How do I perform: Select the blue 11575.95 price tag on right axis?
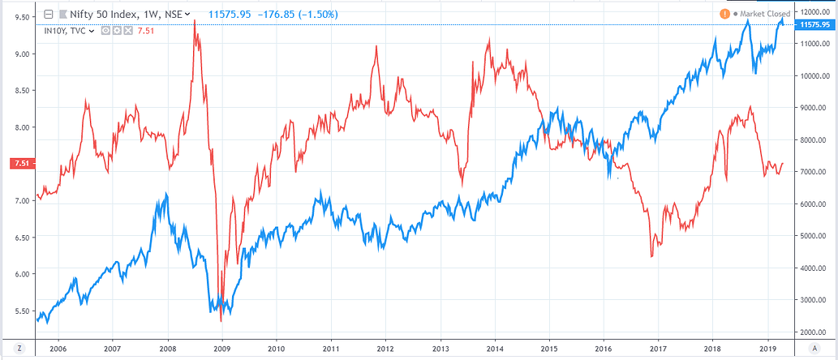[x=814, y=25]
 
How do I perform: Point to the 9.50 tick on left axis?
[x=22, y=17]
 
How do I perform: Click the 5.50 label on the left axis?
[x=22, y=311]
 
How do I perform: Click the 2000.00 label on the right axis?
[x=814, y=332]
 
